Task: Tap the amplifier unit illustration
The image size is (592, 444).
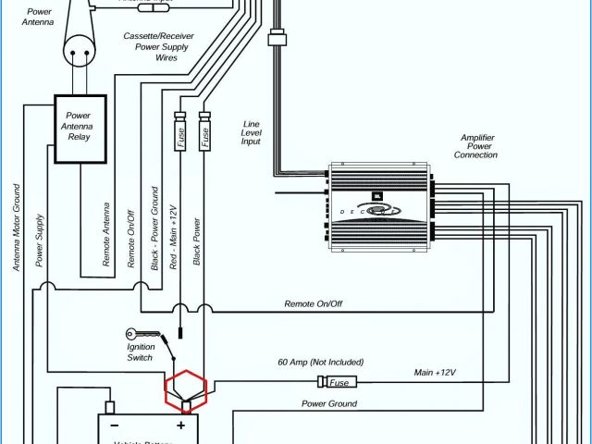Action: [379, 209]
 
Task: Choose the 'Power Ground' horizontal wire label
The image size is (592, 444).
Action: [328, 403]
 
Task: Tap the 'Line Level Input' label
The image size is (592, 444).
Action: [251, 132]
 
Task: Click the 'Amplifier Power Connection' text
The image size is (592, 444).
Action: [478, 146]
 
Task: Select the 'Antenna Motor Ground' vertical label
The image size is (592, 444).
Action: [17, 227]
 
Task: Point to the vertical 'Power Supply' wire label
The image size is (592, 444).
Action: [40, 240]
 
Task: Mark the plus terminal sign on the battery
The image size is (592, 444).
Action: [181, 425]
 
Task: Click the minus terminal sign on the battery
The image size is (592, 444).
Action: [116, 425]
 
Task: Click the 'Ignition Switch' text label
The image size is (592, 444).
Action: [141, 351]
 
